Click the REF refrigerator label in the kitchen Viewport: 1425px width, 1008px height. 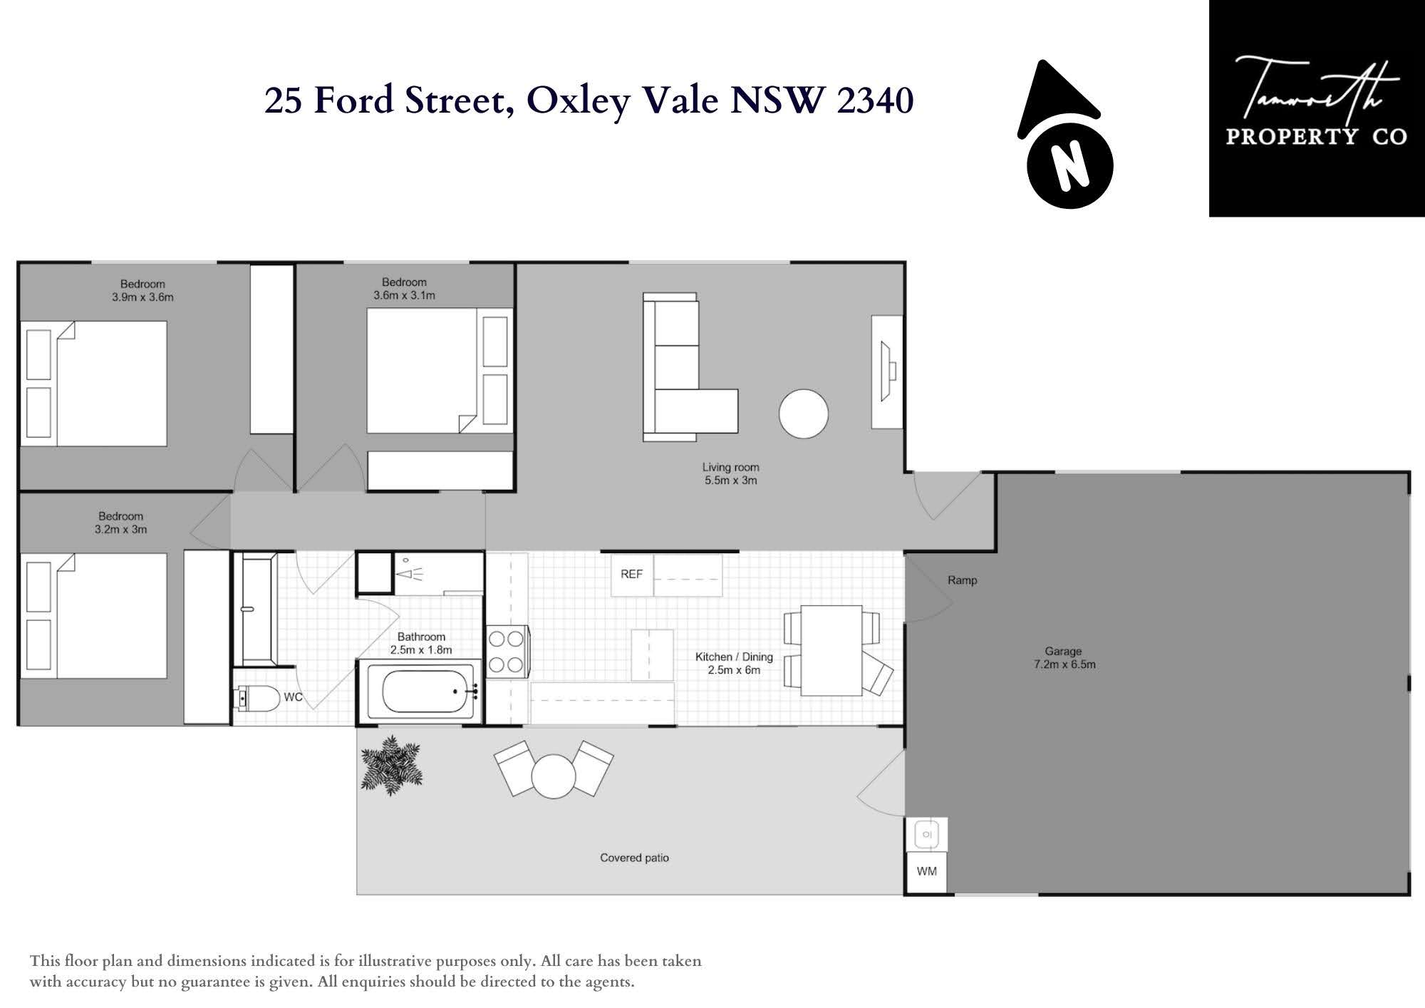pyautogui.click(x=631, y=574)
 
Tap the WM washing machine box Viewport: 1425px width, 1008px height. pyautogui.click(x=926, y=871)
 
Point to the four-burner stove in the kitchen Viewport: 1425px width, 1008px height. pyautogui.click(x=507, y=652)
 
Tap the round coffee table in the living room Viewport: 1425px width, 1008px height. pyautogui.click(x=804, y=413)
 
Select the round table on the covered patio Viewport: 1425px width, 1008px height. pyautogui.click(x=553, y=776)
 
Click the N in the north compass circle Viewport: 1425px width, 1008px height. pyautogui.click(x=1069, y=166)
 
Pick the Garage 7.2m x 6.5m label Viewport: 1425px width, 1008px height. pyautogui.click(x=1064, y=658)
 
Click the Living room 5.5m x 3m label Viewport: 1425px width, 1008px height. pyautogui.click(x=730, y=474)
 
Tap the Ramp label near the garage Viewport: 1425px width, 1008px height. pyautogui.click(x=962, y=580)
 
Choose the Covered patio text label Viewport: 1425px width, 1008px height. pyautogui.click(x=634, y=858)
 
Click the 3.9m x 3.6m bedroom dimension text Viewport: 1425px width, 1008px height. pyautogui.click(x=142, y=297)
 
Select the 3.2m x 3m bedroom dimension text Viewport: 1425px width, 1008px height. pyautogui.click(x=120, y=530)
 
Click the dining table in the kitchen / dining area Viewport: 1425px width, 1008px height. pyautogui.click(x=831, y=650)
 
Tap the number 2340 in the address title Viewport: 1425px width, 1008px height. pyautogui.click(x=875, y=101)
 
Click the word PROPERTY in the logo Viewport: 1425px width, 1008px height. pyautogui.click(x=1292, y=136)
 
